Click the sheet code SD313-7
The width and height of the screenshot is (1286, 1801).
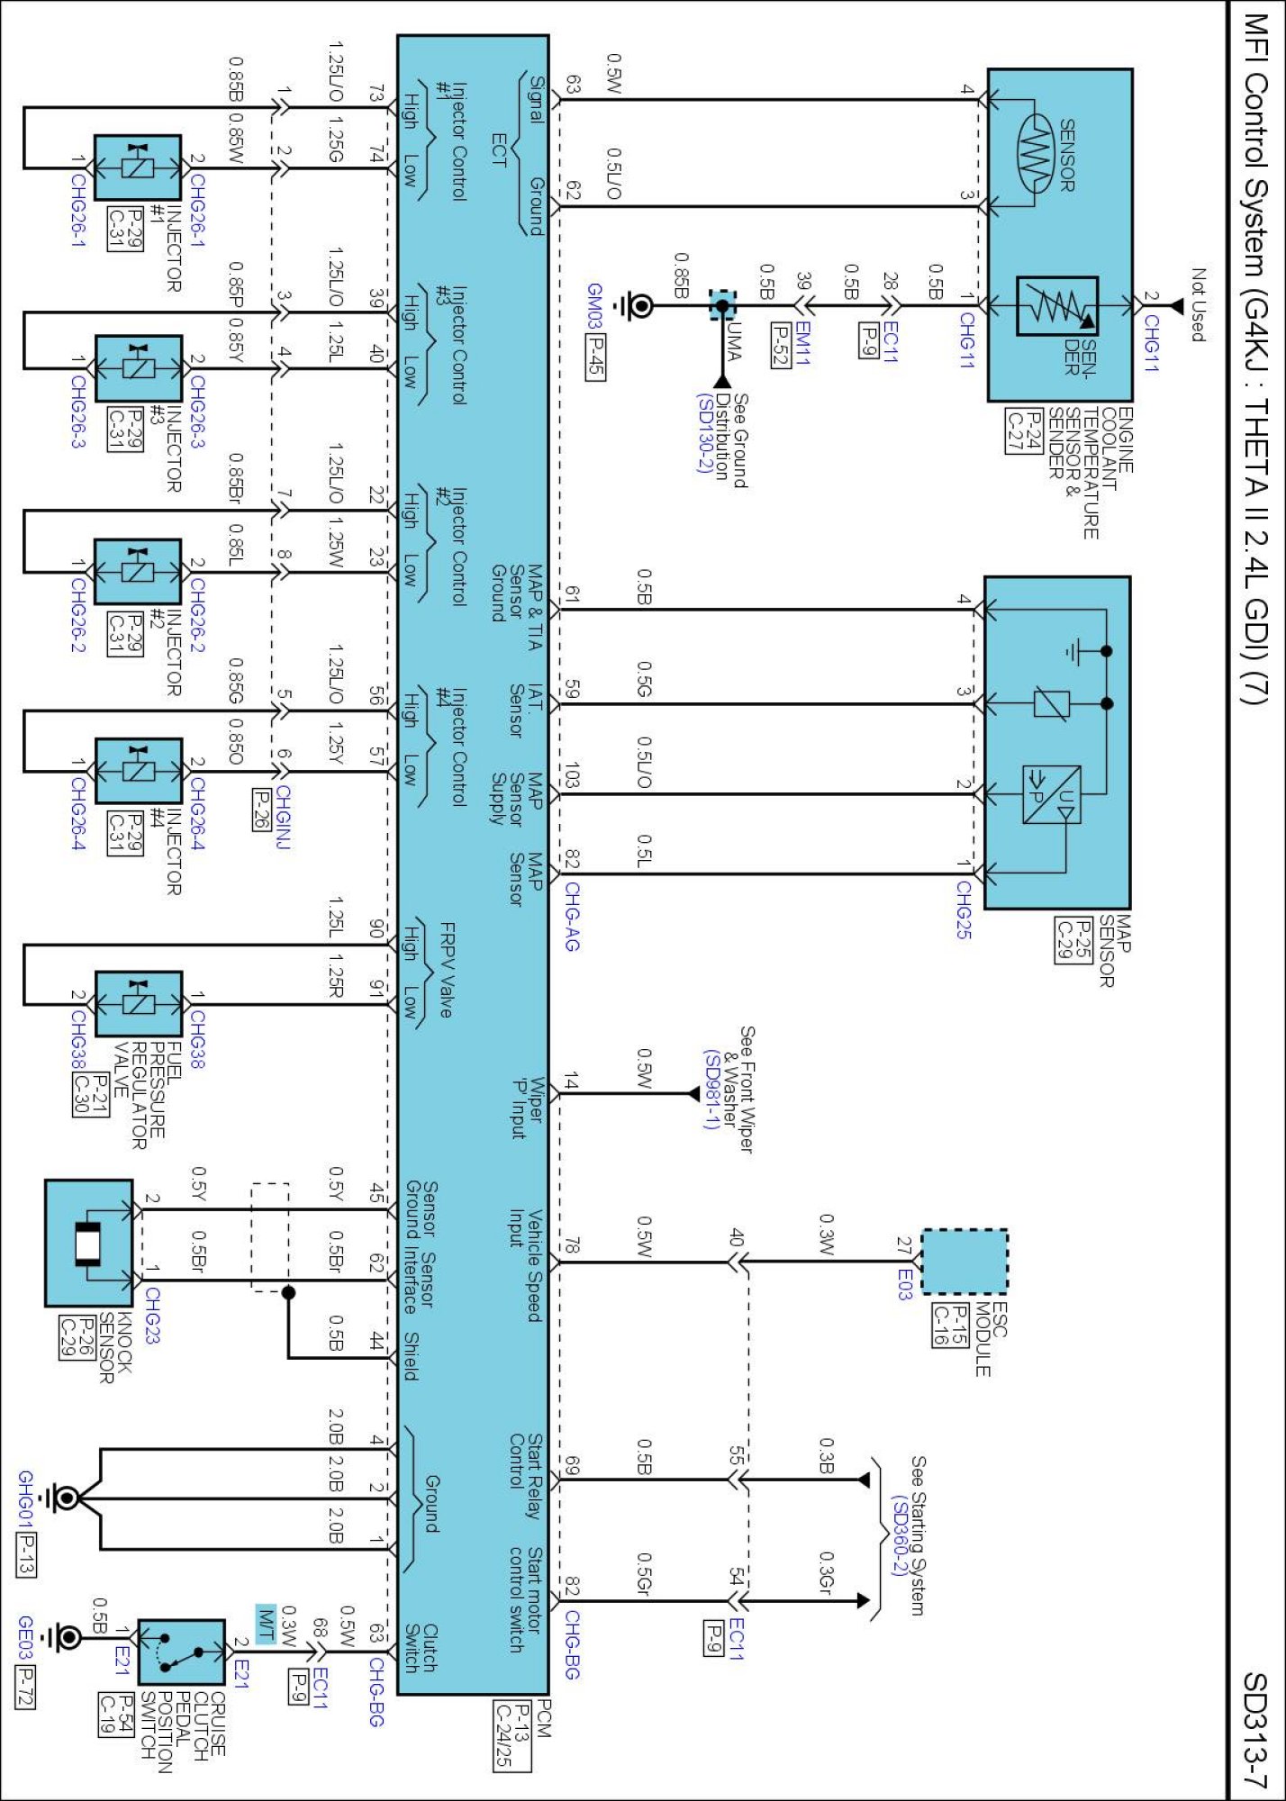[x=1254, y=1730]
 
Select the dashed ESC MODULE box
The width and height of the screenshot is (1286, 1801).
[x=964, y=1261]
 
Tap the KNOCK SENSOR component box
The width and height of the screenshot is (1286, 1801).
[x=89, y=1243]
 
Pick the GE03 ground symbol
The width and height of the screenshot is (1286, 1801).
[x=65, y=1637]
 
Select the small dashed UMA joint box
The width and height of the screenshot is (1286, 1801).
[x=722, y=304]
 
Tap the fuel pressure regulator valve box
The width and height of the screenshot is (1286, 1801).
[x=139, y=1003]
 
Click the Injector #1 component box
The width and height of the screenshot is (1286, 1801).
[x=138, y=167]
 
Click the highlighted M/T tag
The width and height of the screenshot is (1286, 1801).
[x=266, y=1624]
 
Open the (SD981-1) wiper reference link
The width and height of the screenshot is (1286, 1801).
[x=711, y=1091]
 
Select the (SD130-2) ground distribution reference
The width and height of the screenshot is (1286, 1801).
[x=704, y=433]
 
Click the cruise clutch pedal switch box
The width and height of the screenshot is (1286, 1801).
[x=181, y=1652]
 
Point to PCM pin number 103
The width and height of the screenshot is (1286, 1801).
[x=572, y=776]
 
